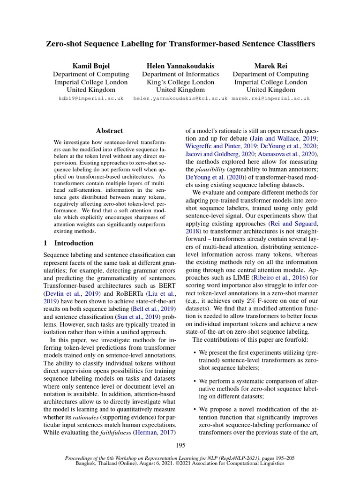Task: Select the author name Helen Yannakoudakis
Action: point(180,66)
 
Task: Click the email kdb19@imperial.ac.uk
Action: point(90,99)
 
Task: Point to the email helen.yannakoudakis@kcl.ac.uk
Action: point(180,99)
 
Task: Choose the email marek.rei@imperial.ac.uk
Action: point(271,99)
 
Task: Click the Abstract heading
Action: point(109,131)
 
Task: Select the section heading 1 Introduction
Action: point(68,243)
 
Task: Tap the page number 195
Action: point(180,445)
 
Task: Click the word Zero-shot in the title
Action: point(64,44)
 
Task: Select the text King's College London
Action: point(180,82)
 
